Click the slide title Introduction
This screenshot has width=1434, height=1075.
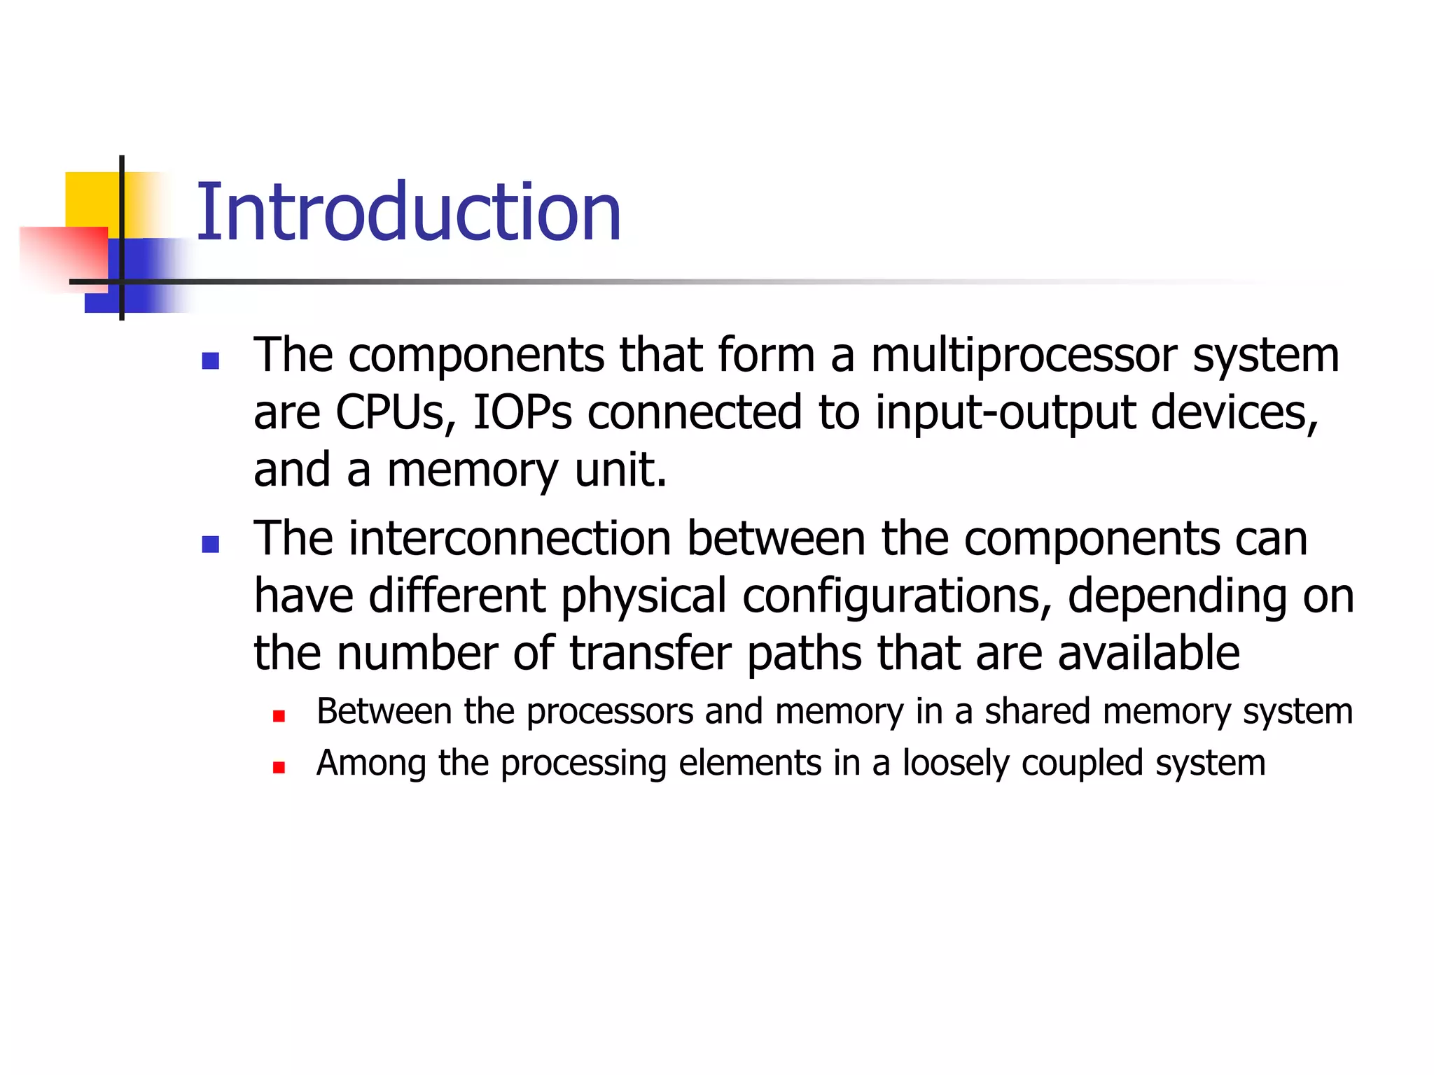point(408,212)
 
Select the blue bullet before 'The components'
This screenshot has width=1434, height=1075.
point(210,360)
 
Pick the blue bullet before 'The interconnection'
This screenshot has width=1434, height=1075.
point(210,544)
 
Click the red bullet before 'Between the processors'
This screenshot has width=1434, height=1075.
point(279,716)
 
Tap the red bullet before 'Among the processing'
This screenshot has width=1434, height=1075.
point(279,768)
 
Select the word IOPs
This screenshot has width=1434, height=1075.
point(522,413)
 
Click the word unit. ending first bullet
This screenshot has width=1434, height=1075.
point(620,470)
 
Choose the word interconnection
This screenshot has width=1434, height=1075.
point(510,539)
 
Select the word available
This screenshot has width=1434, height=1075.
point(1148,654)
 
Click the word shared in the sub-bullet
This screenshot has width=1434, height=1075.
point(1038,712)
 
